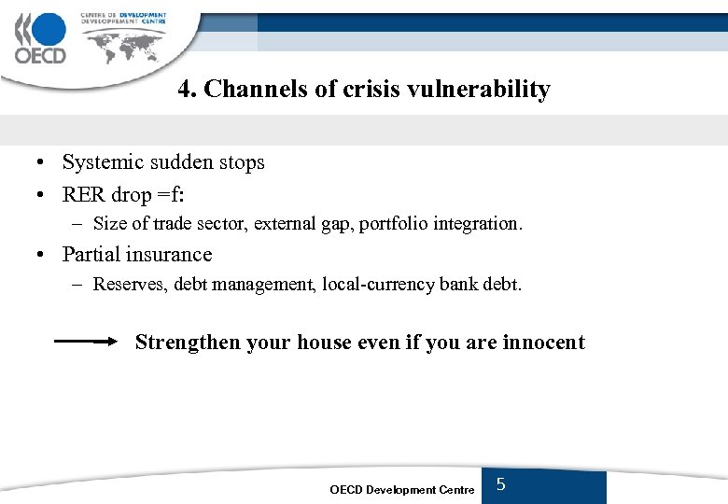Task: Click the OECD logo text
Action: click(40, 55)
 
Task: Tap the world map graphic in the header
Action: click(125, 41)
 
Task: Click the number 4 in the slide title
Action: click(185, 90)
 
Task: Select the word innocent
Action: click(543, 343)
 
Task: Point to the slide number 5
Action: click(501, 484)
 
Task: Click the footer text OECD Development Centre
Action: click(402, 490)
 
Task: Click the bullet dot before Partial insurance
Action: click(44, 255)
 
